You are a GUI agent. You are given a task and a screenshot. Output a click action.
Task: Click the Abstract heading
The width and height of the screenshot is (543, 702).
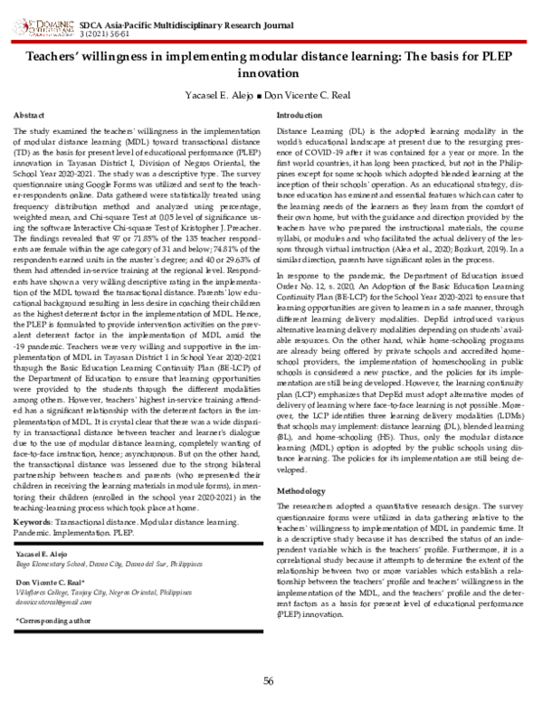click(x=31, y=116)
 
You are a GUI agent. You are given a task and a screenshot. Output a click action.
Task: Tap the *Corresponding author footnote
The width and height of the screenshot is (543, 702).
click(x=53, y=621)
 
